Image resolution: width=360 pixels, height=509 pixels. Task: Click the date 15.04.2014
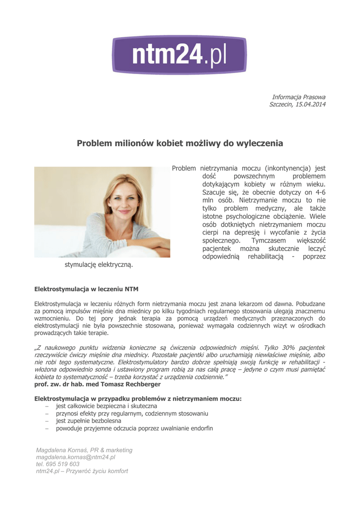(x=311, y=104)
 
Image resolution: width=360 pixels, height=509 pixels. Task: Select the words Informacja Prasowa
(x=299, y=96)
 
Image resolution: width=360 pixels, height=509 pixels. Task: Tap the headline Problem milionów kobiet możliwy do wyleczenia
(x=180, y=144)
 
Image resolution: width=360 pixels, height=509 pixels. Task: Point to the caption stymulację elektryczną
(x=99, y=265)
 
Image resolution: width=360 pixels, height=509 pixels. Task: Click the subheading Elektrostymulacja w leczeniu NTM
(x=86, y=289)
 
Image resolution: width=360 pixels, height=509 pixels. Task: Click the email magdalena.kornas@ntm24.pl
(x=76, y=457)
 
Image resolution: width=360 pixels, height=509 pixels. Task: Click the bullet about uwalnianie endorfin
(x=134, y=428)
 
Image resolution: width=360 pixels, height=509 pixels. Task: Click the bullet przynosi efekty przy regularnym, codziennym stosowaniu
(x=132, y=414)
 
